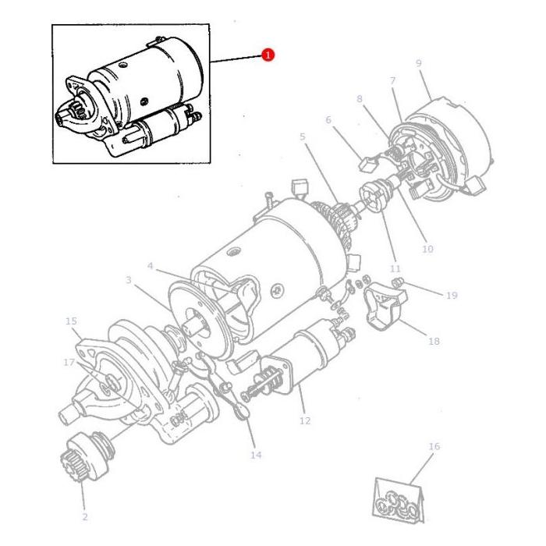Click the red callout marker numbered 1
coord(268,55)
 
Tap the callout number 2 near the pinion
coord(85,516)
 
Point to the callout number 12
coord(304,420)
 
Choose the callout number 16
coord(434,447)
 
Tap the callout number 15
coord(71,321)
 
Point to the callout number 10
coord(427,249)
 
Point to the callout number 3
coord(129,278)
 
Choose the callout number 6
coord(328,120)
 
